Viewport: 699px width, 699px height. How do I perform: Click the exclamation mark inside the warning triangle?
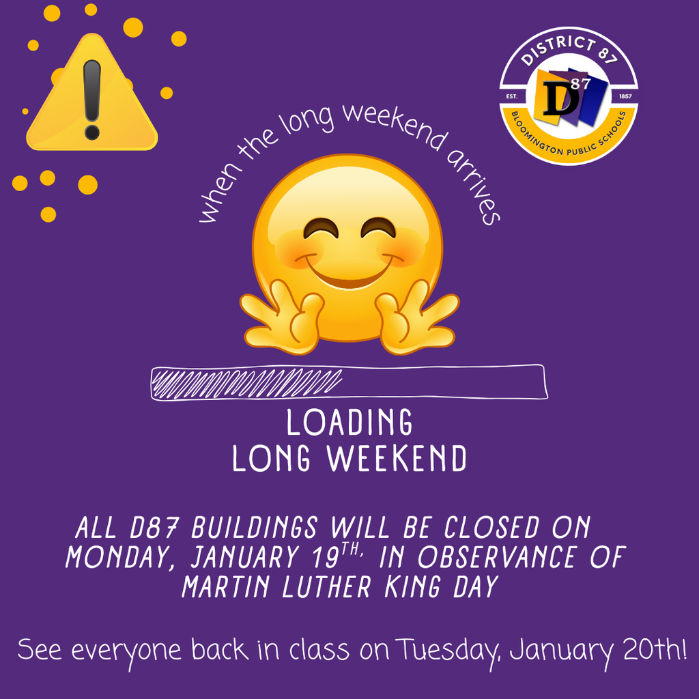(x=91, y=98)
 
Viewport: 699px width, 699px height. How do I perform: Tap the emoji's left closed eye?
(x=321, y=229)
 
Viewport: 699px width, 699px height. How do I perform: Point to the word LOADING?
(x=349, y=423)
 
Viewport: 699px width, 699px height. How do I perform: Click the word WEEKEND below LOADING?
(x=397, y=459)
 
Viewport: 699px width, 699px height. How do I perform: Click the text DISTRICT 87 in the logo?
(x=569, y=53)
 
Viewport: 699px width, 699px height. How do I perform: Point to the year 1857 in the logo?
(x=624, y=97)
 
